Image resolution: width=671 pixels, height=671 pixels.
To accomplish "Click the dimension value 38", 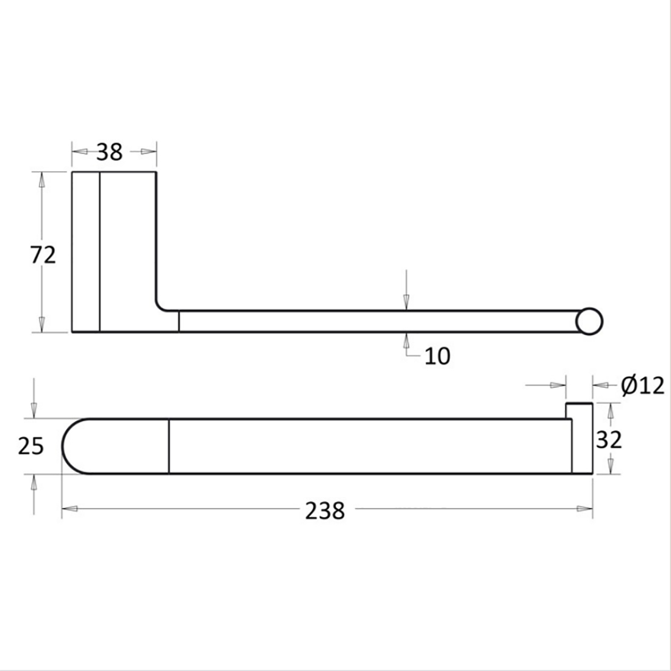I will tap(109, 151).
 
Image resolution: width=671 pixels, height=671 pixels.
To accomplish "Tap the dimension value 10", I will tap(437, 356).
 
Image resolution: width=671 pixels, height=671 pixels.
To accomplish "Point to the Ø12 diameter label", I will tap(643, 386).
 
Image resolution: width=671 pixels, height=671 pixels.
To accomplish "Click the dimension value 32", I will tap(608, 439).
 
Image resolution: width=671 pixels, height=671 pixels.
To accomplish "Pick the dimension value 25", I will tap(31, 447).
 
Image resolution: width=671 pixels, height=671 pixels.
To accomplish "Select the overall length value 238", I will tap(325, 510).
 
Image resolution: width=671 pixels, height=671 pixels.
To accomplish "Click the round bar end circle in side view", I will tap(589, 321).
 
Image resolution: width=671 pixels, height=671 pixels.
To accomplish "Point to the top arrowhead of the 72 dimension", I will tap(41, 181).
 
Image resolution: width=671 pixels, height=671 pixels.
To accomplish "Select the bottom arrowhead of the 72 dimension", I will tap(41, 325).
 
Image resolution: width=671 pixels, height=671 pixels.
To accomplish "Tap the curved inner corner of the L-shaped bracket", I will tap(160, 306).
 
